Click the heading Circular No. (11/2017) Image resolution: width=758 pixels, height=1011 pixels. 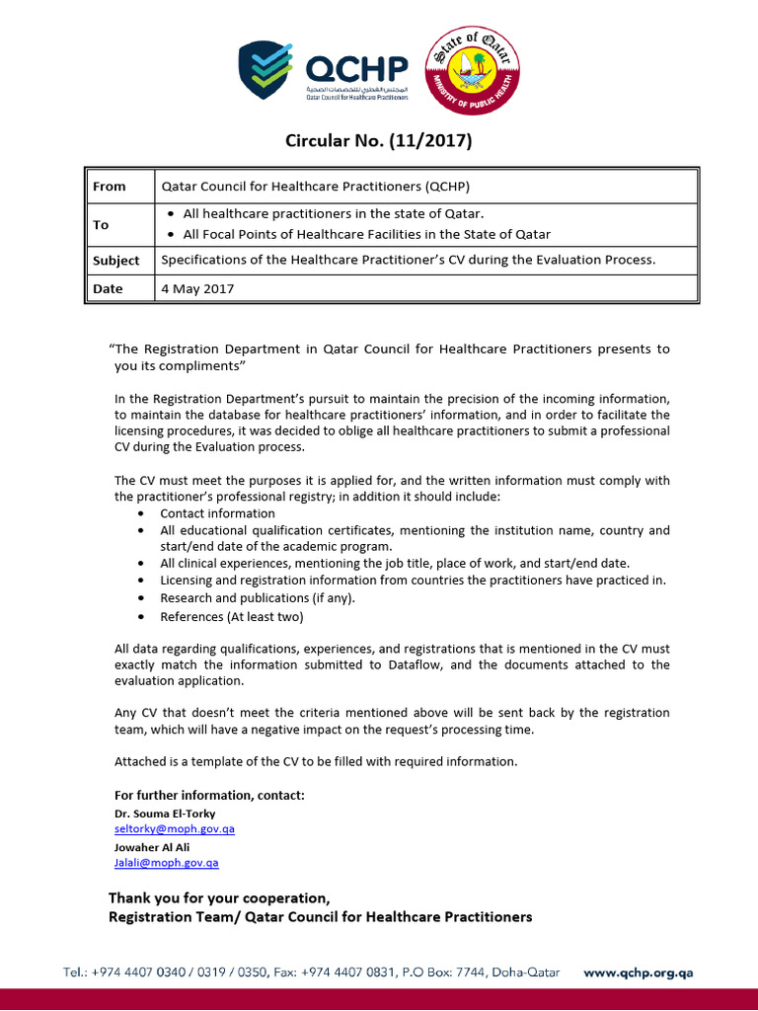click(x=379, y=141)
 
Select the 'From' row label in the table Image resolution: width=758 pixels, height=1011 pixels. click(x=109, y=186)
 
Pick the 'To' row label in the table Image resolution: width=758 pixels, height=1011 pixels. click(x=101, y=224)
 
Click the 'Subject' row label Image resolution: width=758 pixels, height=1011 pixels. click(x=116, y=261)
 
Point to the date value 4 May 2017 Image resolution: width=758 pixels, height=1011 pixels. click(x=197, y=288)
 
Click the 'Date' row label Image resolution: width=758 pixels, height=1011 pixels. click(x=108, y=288)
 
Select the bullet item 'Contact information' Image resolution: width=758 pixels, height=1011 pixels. click(x=217, y=513)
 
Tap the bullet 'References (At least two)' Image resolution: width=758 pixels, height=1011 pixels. click(x=232, y=616)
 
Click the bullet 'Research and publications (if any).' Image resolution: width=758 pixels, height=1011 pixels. click(x=258, y=598)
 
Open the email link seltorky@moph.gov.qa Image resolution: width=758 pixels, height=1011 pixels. click(x=175, y=829)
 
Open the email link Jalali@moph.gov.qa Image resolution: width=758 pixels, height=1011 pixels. click(x=167, y=862)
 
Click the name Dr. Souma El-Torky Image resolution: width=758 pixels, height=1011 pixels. click(x=165, y=814)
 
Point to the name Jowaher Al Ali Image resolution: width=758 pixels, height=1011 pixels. click(x=154, y=846)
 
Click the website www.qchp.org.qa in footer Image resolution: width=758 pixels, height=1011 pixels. click(x=638, y=972)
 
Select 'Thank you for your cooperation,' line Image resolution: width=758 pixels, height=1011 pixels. click(x=219, y=897)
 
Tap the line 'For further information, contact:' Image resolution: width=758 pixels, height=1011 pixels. click(x=209, y=795)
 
